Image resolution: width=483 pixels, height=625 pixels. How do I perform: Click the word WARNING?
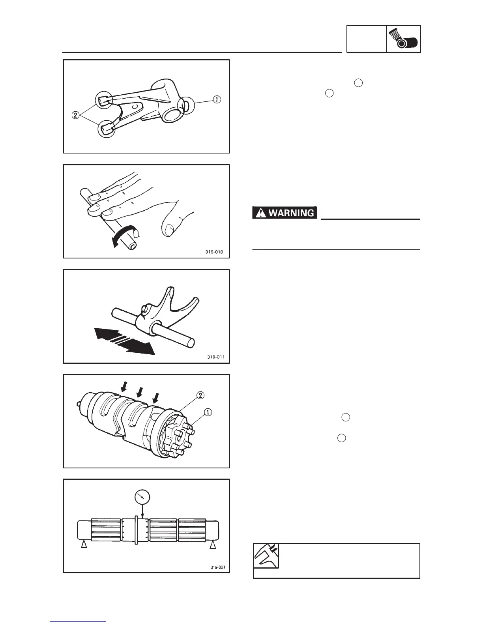click(x=292, y=213)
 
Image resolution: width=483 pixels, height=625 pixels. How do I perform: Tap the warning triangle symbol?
click(x=260, y=213)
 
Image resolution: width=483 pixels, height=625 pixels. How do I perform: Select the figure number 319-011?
click(x=216, y=357)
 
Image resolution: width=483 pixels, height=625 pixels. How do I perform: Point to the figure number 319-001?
click(x=217, y=567)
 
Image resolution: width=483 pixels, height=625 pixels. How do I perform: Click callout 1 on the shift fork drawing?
click(x=217, y=100)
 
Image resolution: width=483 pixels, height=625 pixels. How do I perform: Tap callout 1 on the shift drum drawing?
click(x=208, y=412)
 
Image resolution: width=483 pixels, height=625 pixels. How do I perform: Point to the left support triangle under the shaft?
click(x=84, y=545)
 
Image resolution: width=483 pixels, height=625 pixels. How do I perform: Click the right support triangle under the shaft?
click(x=213, y=545)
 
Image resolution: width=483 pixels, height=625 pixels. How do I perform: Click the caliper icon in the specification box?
click(x=266, y=556)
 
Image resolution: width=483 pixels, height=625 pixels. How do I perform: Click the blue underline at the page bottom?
click(x=78, y=621)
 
